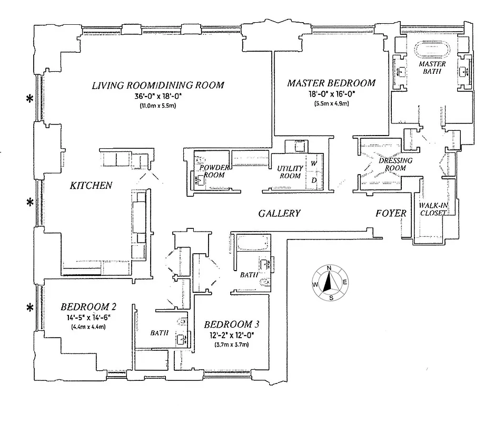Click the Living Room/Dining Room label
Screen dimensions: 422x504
point(158,85)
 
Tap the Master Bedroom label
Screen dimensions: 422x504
point(331,83)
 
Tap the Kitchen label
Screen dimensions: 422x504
point(91,185)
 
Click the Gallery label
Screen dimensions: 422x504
point(279,213)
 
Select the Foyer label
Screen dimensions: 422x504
point(391,213)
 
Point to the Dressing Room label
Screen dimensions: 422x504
point(395,164)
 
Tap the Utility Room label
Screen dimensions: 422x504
point(291,172)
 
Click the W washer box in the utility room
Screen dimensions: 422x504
point(313,164)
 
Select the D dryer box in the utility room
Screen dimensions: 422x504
point(313,181)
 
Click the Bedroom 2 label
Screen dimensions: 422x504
point(88,307)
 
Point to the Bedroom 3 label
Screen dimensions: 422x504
point(231,324)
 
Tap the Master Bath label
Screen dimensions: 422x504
point(432,68)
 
